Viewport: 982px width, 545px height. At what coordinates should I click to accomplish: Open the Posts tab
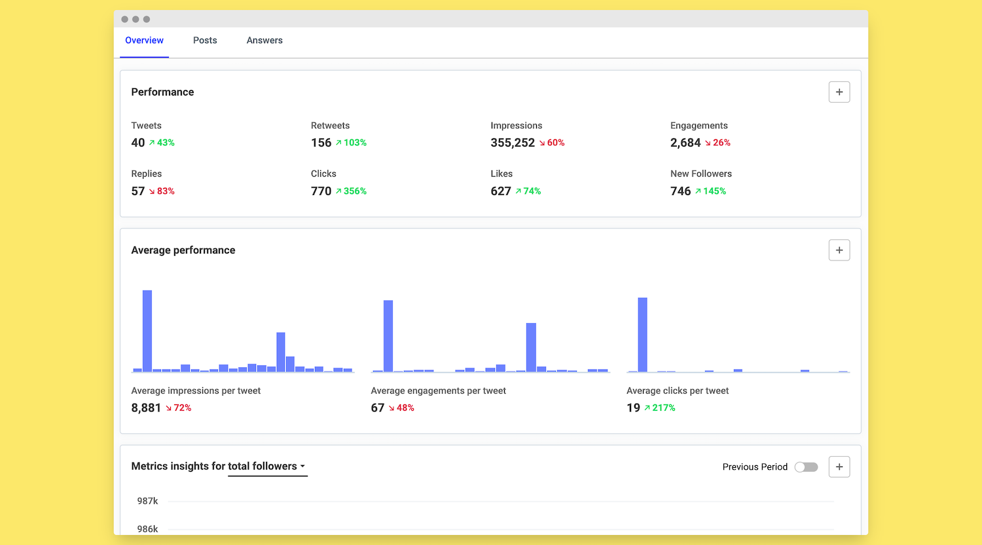pyautogui.click(x=205, y=41)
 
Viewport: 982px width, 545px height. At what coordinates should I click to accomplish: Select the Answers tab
pyautogui.click(x=264, y=41)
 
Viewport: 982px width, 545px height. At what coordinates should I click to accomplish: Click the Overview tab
pyautogui.click(x=144, y=41)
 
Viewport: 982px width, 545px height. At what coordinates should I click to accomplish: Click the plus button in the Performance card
pyautogui.click(x=839, y=92)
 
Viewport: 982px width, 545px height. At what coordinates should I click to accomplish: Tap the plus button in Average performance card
pyautogui.click(x=839, y=250)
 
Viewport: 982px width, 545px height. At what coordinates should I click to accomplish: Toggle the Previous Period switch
pyautogui.click(x=806, y=467)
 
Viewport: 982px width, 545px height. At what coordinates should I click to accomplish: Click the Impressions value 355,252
pyautogui.click(x=513, y=143)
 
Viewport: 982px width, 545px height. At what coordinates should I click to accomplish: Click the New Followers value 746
pyautogui.click(x=680, y=191)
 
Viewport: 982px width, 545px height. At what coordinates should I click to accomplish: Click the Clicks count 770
pyautogui.click(x=321, y=191)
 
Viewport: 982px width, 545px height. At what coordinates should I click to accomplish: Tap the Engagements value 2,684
pyautogui.click(x=685, y=143)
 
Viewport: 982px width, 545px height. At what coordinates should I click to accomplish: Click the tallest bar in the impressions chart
pyautogui.click(x=147, y=330)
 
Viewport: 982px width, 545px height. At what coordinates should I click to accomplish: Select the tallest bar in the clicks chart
pyautogui.click(x=642, y=334)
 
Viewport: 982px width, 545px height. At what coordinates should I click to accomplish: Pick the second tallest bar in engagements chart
pyautogui.click(x=531, y=347)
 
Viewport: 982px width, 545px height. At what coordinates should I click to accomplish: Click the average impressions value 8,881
pyautogui.click(x=146, y=408)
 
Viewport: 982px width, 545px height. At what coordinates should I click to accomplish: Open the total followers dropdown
pyautogui.click(x=267, y=466)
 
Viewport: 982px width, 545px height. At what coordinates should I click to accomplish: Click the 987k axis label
pyautogui.click(x=147, y=501)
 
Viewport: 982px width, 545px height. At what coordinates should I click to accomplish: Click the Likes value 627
pyautogui.click(x=501, y=191)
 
